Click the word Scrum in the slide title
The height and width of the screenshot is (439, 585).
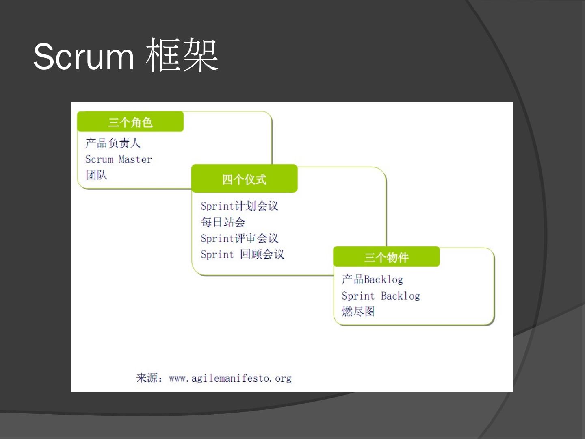(83, 56)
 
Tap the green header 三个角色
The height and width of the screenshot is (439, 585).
(130, 122)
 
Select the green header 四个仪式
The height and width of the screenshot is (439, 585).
(244, 179)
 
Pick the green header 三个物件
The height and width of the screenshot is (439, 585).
(386, 257)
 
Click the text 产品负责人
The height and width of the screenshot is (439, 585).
(113, 143)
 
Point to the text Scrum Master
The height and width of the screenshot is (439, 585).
(119, 159)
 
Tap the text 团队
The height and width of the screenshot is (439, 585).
(96, 175)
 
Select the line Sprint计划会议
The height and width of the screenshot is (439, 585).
(239, 206)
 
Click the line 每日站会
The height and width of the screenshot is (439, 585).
(223, 222)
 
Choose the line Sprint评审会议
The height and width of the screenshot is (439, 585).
(239, 238)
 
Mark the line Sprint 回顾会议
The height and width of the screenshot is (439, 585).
(242, 254)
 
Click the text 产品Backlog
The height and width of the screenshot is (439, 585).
(372, 279)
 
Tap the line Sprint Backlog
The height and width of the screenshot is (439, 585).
(381, 296)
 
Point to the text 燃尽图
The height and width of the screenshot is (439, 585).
(358, 311)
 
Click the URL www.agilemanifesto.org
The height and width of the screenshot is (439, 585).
(230, 378)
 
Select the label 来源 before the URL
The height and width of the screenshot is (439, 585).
(147, 378)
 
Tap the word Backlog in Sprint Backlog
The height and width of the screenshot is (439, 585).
(400, 296)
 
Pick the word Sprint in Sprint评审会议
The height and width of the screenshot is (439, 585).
(217, 238)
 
